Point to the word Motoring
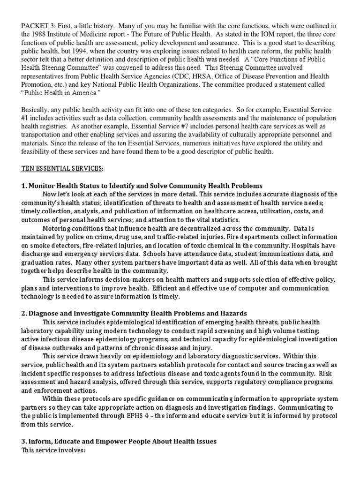56,228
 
